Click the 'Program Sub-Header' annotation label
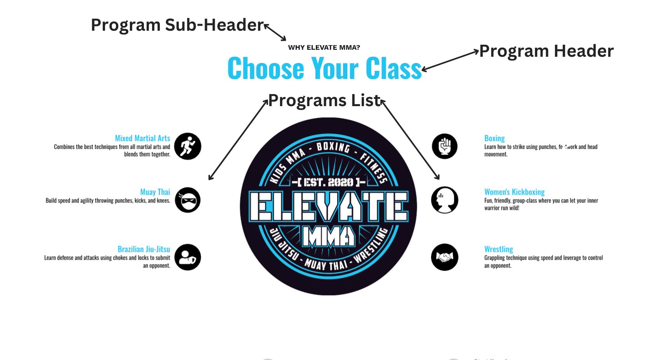click(x=177, y=25)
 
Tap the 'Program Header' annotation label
click(x=546, y=51)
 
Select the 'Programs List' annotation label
click(x=324, y=101)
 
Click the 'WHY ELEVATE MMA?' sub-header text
click(x=324, y=47)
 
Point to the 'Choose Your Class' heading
click(x=324, y=68)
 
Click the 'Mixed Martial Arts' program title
click(x=142, y=138)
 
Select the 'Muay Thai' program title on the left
click(x=155, y=192)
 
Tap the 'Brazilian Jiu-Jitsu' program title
click(x=144, y=249)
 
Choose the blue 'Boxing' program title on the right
click(x=494, y=138)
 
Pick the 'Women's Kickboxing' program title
click(x=514, y=192)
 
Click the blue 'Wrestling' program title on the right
click(x=498, y=249)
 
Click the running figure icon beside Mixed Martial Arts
click(x=187, y=146)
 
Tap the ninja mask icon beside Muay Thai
click(x=187, y=200)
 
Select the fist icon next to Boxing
click(x=445, y=146)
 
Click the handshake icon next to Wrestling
click(x=445, y=257)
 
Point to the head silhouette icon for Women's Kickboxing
click(x=445, y=200)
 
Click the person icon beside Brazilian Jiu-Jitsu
click(x=187, y=257)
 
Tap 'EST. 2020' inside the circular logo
click(x=329, y=182)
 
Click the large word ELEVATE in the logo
click(x=329, y=206)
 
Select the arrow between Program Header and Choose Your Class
click(x=450, y=60)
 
